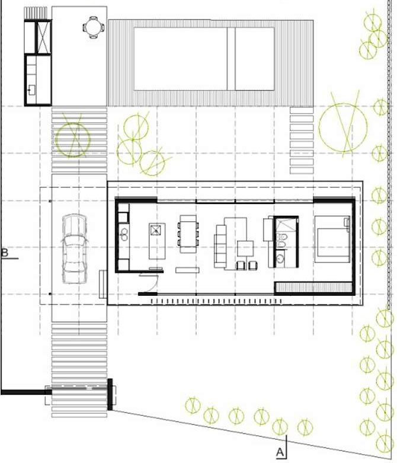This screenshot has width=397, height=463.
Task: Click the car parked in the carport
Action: [75, 249]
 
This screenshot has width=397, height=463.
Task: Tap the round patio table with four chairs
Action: [94, 27]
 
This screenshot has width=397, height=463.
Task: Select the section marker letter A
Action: [280, 452]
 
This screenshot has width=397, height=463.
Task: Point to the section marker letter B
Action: [5, 253]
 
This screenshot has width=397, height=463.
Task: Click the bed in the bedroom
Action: [332, 239]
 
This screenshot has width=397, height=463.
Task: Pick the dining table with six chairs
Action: [188, 234]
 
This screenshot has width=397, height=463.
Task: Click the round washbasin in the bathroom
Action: [280, 259]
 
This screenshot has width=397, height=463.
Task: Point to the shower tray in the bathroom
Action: [286, 225]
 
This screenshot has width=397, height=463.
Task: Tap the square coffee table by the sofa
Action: [245, 248]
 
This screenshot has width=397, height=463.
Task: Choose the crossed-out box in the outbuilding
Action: [43, 37]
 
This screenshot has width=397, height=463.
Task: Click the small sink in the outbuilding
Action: [31, 90]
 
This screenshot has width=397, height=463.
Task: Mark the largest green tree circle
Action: [343, 127]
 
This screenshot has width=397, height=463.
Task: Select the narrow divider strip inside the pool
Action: [231, 59]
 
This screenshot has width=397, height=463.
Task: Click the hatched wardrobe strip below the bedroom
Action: [313, 287]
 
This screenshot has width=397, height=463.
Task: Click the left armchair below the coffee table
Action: [241, 266]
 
